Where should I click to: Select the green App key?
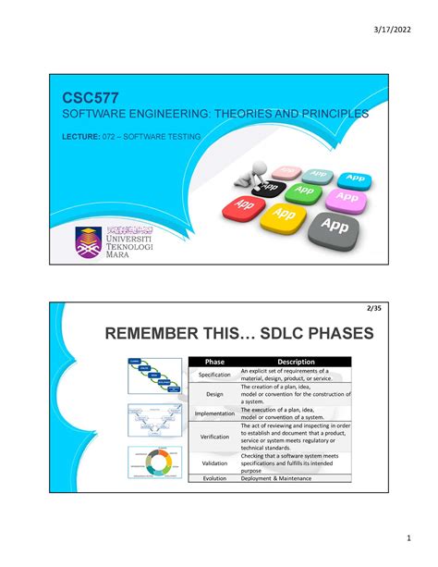[300, 192]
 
